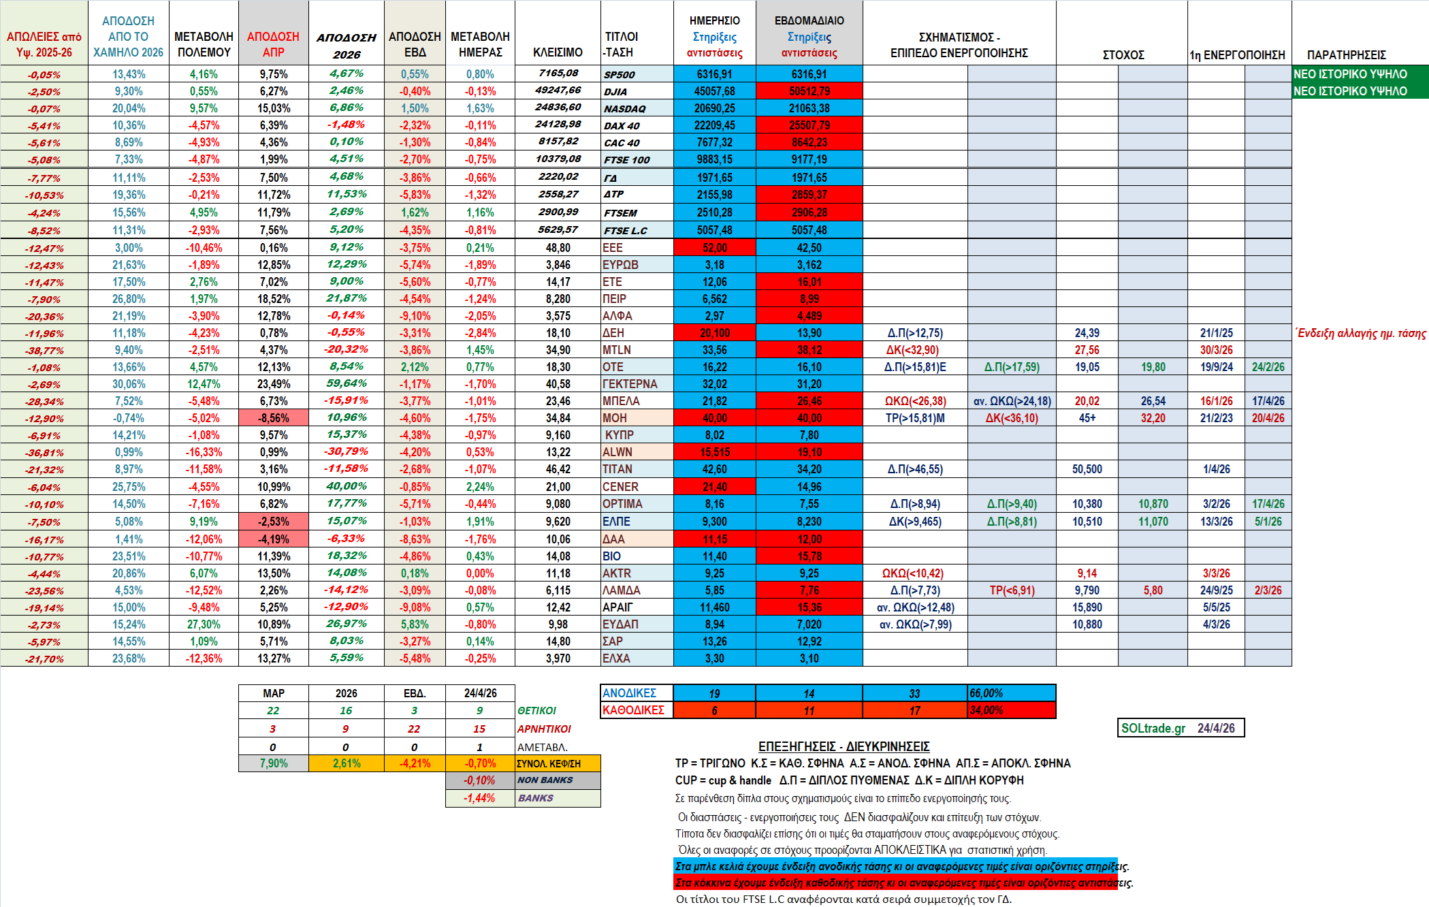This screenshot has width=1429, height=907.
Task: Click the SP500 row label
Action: pyautogui.click(x=619, y=75)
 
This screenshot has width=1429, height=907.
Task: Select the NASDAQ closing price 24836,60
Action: pyautogui.click(x=558, y=108)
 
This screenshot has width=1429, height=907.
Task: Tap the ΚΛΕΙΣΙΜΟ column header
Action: pyautogui.click(x=558, y=52)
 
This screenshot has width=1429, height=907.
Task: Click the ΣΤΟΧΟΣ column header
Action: pyautogui.click(x=1123, y=54)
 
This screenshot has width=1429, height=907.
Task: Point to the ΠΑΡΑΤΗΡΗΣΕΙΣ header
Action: pyautogui.click(x=1346, y=54)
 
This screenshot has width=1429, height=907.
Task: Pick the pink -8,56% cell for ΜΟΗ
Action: pyautogui.click(x=274, y=418)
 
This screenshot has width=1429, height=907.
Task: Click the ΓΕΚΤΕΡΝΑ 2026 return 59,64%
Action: pyautogui.click(x=347, y=383)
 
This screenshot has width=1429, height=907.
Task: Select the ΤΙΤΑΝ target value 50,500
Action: pyautogui.click(x=1087, y=469)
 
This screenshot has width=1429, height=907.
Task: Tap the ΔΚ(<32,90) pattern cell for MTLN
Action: pyautogui.click(x=912, y=350)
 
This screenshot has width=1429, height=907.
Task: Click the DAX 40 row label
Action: pyautogui.click(x=622, y=126)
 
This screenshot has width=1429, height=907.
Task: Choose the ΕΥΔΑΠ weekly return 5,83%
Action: pyautogui.click(x=415, y=624)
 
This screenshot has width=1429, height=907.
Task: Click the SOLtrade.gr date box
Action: pyautogui.click(x=1181, y=728)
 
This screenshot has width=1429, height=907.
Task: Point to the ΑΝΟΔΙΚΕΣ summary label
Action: pyautogui.click(x=630, y=693)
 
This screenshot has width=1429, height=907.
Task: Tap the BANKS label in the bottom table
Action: pyautogui.click(x=536, y=798)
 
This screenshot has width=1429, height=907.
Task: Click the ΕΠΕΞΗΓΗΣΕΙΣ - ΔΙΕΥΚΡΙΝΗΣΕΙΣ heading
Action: pyautogui.click(x=844, y=746)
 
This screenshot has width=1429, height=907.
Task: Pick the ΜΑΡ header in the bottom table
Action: pyautogui.click(x=274, y=693)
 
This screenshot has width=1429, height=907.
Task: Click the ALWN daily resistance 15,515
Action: pyautogui.click(x=714, y=452)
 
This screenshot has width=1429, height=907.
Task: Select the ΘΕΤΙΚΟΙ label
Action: pyautogui.click(x=536, y=711)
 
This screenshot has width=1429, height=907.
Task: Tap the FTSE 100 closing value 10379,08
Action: pyautogui.click(x=558, y=159)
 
